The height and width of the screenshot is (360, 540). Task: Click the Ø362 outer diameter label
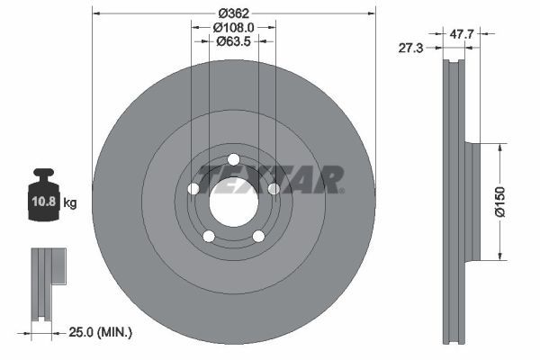(233, 13)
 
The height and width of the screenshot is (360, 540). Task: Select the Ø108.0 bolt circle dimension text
(233, 28)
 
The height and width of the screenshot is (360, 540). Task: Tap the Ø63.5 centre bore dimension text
(233, 42)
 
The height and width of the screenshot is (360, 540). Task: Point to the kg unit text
(70, 203)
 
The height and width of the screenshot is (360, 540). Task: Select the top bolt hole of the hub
(234, 160)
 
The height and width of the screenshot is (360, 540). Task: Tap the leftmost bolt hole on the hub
(193, 189)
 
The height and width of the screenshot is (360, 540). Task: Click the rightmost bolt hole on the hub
(274, 189)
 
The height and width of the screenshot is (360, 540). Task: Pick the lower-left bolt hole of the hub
(209, 237)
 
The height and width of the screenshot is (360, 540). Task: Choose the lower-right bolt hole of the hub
(258, 237)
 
